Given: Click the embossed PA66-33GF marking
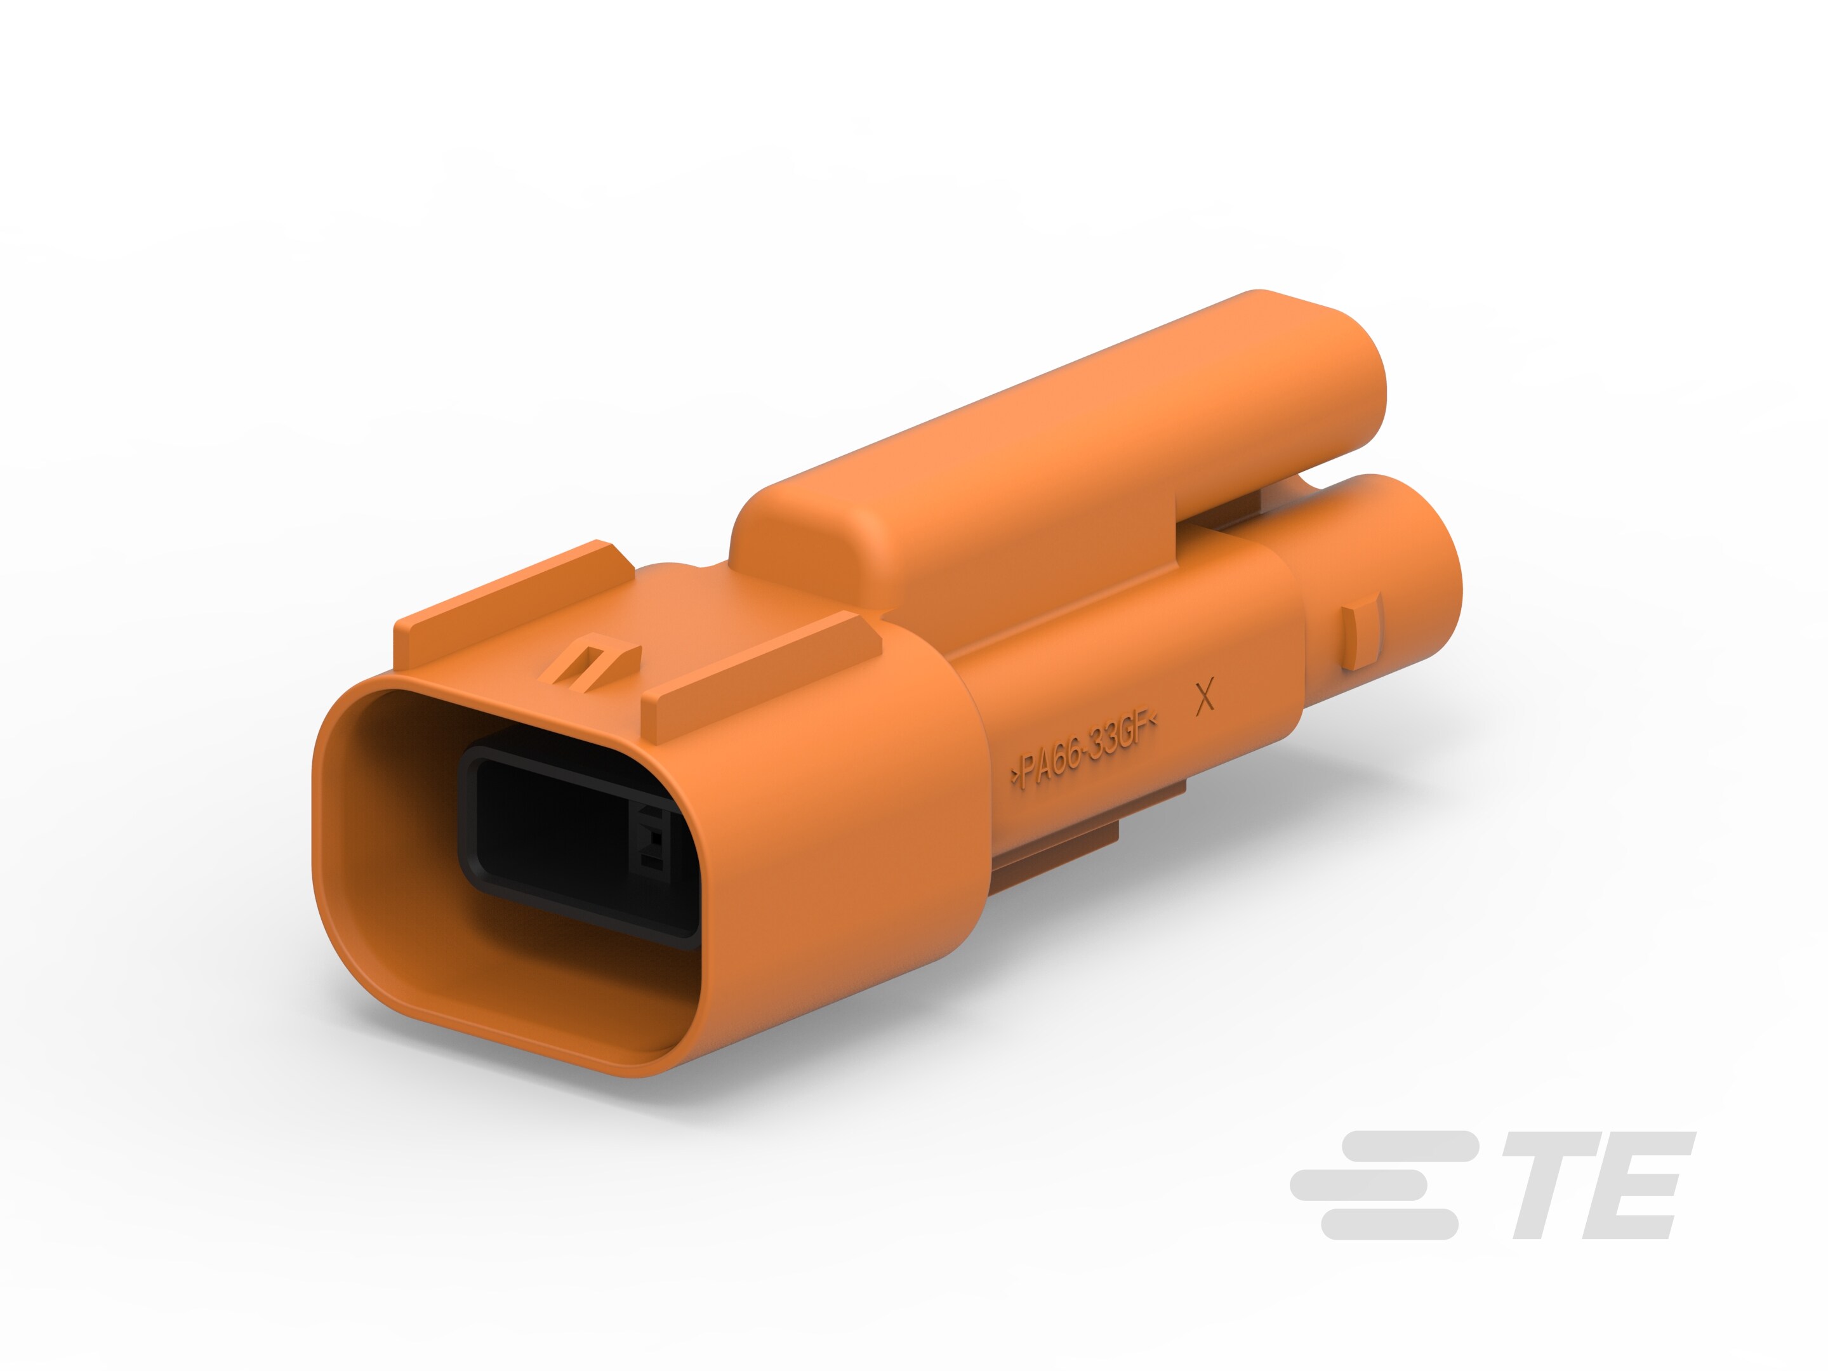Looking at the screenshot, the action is [x=1084, y=752].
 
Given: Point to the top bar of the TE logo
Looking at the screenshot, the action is [x=1409, y=1146].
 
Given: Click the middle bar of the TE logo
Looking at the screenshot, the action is [x=1358, y=1185].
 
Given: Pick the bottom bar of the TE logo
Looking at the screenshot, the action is [x=1390, y=1224].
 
